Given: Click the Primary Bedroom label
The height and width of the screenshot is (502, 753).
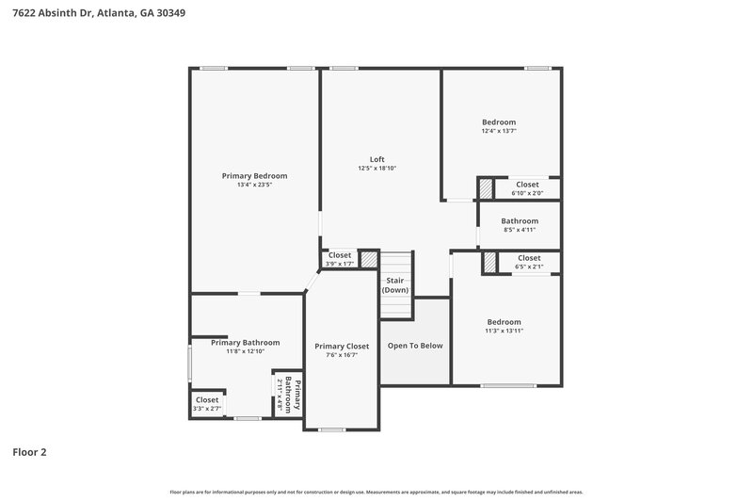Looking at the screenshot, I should [254, 176].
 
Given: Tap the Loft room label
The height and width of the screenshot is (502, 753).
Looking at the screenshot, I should [376, 159].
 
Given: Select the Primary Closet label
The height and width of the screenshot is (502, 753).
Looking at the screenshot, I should [342, 347].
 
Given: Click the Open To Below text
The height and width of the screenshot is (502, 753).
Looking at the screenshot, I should [415, 346].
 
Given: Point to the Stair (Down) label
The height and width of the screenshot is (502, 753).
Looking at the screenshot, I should [395, 285].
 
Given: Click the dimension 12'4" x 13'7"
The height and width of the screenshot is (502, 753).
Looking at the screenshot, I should [499, 131].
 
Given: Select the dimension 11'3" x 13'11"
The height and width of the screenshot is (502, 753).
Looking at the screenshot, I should [504, 331].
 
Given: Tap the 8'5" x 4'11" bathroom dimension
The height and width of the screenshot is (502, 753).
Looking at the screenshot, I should [520, 229].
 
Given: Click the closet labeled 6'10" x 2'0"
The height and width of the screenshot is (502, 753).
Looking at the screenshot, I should [527, 188].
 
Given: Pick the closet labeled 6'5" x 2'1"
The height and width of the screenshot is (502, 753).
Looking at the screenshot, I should [528, 262].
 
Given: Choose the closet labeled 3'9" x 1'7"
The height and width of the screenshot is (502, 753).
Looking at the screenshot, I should [339, 259].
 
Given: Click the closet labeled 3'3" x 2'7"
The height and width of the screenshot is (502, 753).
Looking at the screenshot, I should [207, 404].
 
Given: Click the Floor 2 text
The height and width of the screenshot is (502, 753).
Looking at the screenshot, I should [29, 452].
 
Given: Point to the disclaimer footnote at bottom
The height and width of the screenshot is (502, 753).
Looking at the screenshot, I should [376, 492].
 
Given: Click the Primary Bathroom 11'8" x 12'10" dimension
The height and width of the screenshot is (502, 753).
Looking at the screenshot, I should [245, 351].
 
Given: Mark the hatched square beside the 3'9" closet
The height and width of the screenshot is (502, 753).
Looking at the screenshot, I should [370, 258].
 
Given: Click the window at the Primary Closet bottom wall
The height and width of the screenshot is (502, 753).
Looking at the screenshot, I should [331, 429].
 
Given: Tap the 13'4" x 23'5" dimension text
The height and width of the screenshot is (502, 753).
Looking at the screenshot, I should [254, 185].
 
